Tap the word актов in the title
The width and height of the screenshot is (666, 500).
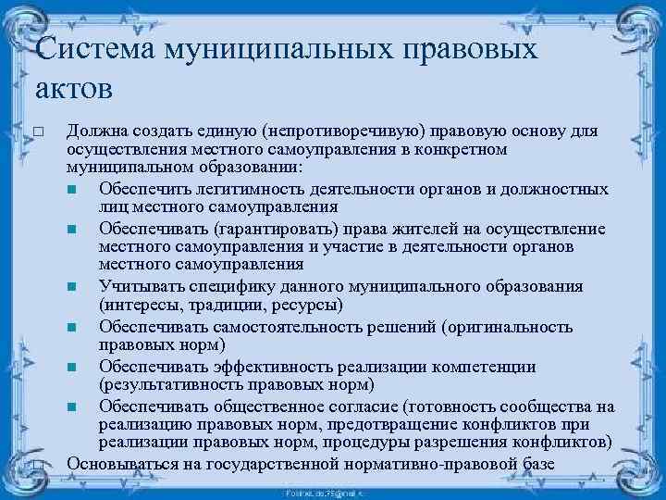pyautogui.click(x=74, y=90)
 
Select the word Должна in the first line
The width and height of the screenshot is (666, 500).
pyautogui.click(x=98, y=131)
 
